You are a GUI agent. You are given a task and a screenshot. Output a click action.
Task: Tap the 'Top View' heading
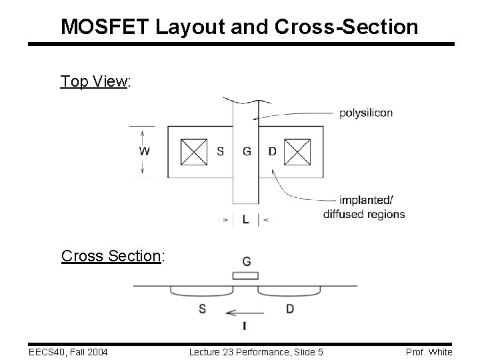(95, 81)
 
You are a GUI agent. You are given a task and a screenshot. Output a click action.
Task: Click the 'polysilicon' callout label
(366, 113)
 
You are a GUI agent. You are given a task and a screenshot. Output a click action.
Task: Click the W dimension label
(144, 151)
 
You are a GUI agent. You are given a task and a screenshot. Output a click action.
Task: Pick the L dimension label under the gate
(246, 219)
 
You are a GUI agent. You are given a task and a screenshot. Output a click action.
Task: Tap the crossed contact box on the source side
(195, 151)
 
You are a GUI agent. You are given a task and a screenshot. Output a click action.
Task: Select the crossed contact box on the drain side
(297, 151)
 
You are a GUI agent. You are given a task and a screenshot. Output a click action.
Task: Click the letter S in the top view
(221, 151)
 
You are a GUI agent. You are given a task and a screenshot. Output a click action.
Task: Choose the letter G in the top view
(247, 151)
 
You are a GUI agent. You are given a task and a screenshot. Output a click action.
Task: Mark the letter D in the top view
(272, 151)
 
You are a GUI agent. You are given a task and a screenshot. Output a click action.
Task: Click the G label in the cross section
(247, 261)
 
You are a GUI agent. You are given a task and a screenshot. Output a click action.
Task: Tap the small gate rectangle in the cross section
(245, 276)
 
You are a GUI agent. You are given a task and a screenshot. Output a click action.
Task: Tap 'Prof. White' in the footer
(429, 351)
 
